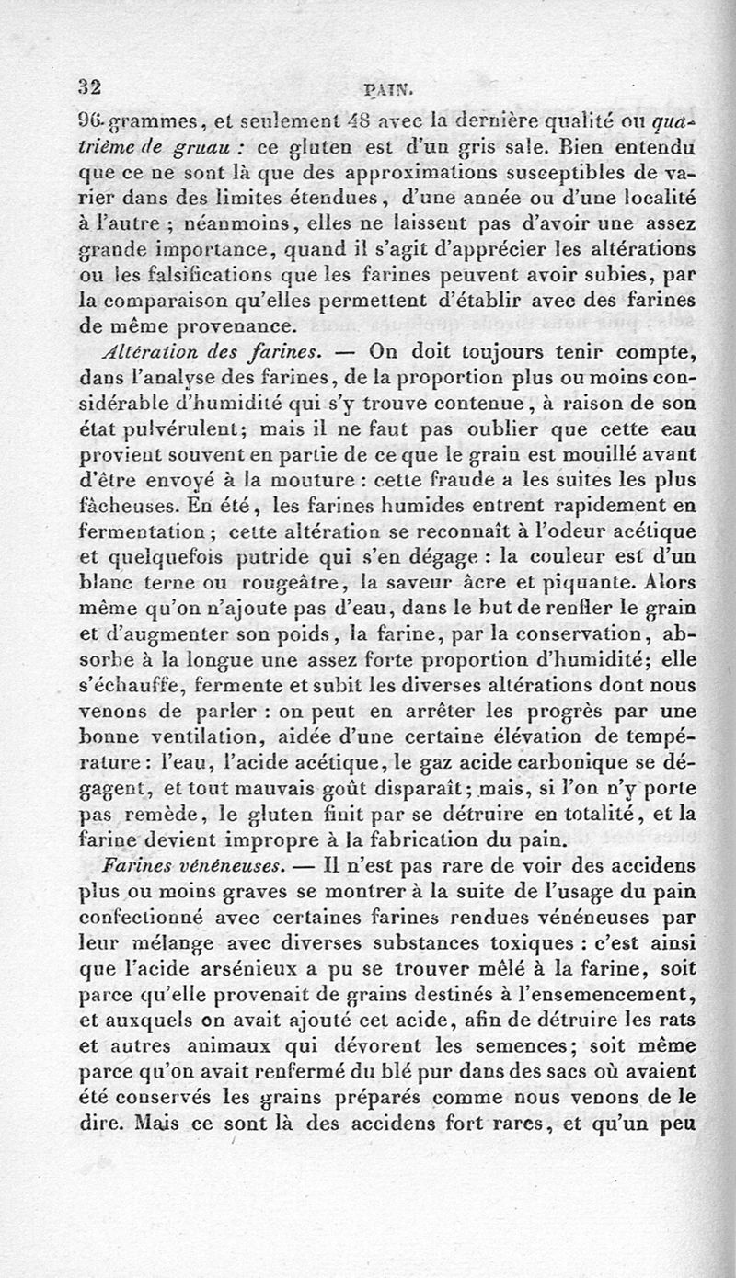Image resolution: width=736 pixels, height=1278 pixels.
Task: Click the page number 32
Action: pos(89,87)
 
